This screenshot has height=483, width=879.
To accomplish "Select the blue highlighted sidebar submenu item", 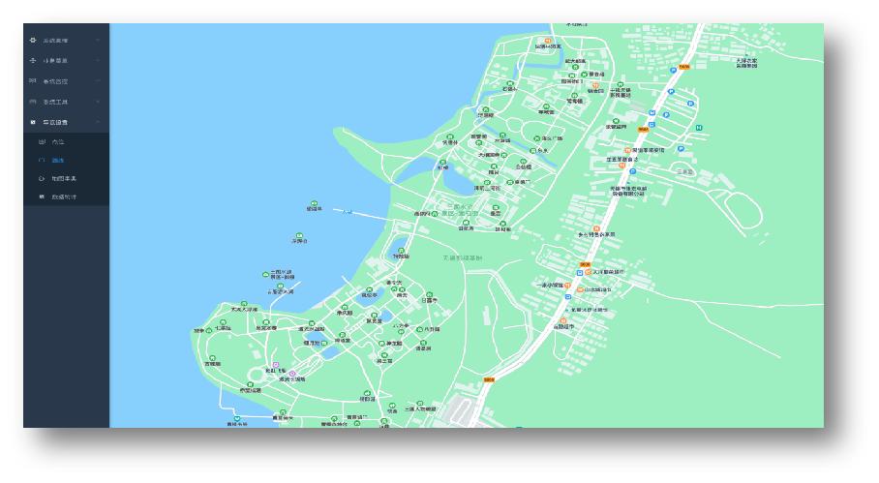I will click(57, 160).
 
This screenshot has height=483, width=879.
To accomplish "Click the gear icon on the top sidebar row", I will click(34, 41).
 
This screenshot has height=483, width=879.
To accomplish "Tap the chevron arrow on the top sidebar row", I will click(98, 41).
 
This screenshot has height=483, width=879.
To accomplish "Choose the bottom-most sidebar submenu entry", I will click(63, 197).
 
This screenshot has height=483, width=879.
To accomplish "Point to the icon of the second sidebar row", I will click(34, 61).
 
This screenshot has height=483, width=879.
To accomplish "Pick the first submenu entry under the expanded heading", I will click(57, 141).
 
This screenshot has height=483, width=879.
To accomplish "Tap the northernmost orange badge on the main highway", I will click(683, 66).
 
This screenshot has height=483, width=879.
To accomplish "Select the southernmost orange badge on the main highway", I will click(490, 380).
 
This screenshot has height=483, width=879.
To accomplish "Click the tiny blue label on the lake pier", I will click(348, 212).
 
